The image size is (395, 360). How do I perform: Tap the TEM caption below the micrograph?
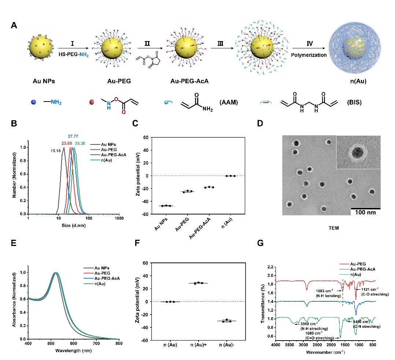(333, 228)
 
